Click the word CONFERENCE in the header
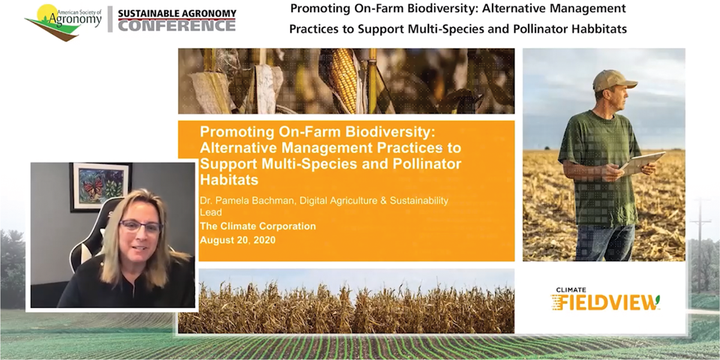tap(177, 26)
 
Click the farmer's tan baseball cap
tap(613, 80)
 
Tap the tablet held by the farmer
tap(642, 164)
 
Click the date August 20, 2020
tap(238, 240)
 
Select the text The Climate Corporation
tap(258, 226)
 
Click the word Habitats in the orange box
tap(229, 179)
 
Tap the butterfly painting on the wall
tap(101, 187)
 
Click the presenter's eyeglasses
tap(140, 226)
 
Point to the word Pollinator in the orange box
tap(427, 164)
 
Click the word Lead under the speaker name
tap(211, 212)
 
